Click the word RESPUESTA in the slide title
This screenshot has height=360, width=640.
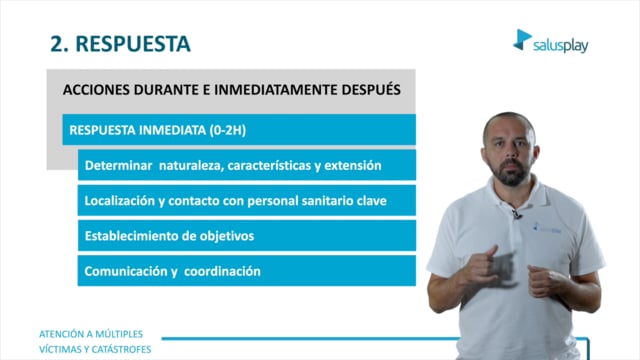point(133,44)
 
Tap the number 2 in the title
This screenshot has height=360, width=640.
point(56,44)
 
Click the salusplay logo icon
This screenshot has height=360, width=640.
point(522,40)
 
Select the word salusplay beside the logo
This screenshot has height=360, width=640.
point(560,46)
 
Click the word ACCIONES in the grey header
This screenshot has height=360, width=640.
point(96,90)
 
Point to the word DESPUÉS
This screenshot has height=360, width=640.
point(371,89)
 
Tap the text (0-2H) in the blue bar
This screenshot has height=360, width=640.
point(228,130)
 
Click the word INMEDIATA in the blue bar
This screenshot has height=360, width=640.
point(172,130)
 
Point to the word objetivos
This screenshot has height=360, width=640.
point(227,236)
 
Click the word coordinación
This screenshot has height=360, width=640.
point(222,271)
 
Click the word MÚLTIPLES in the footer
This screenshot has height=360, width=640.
point(119,334)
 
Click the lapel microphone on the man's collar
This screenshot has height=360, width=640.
point(516,214)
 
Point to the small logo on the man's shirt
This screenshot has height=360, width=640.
point(547,228)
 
